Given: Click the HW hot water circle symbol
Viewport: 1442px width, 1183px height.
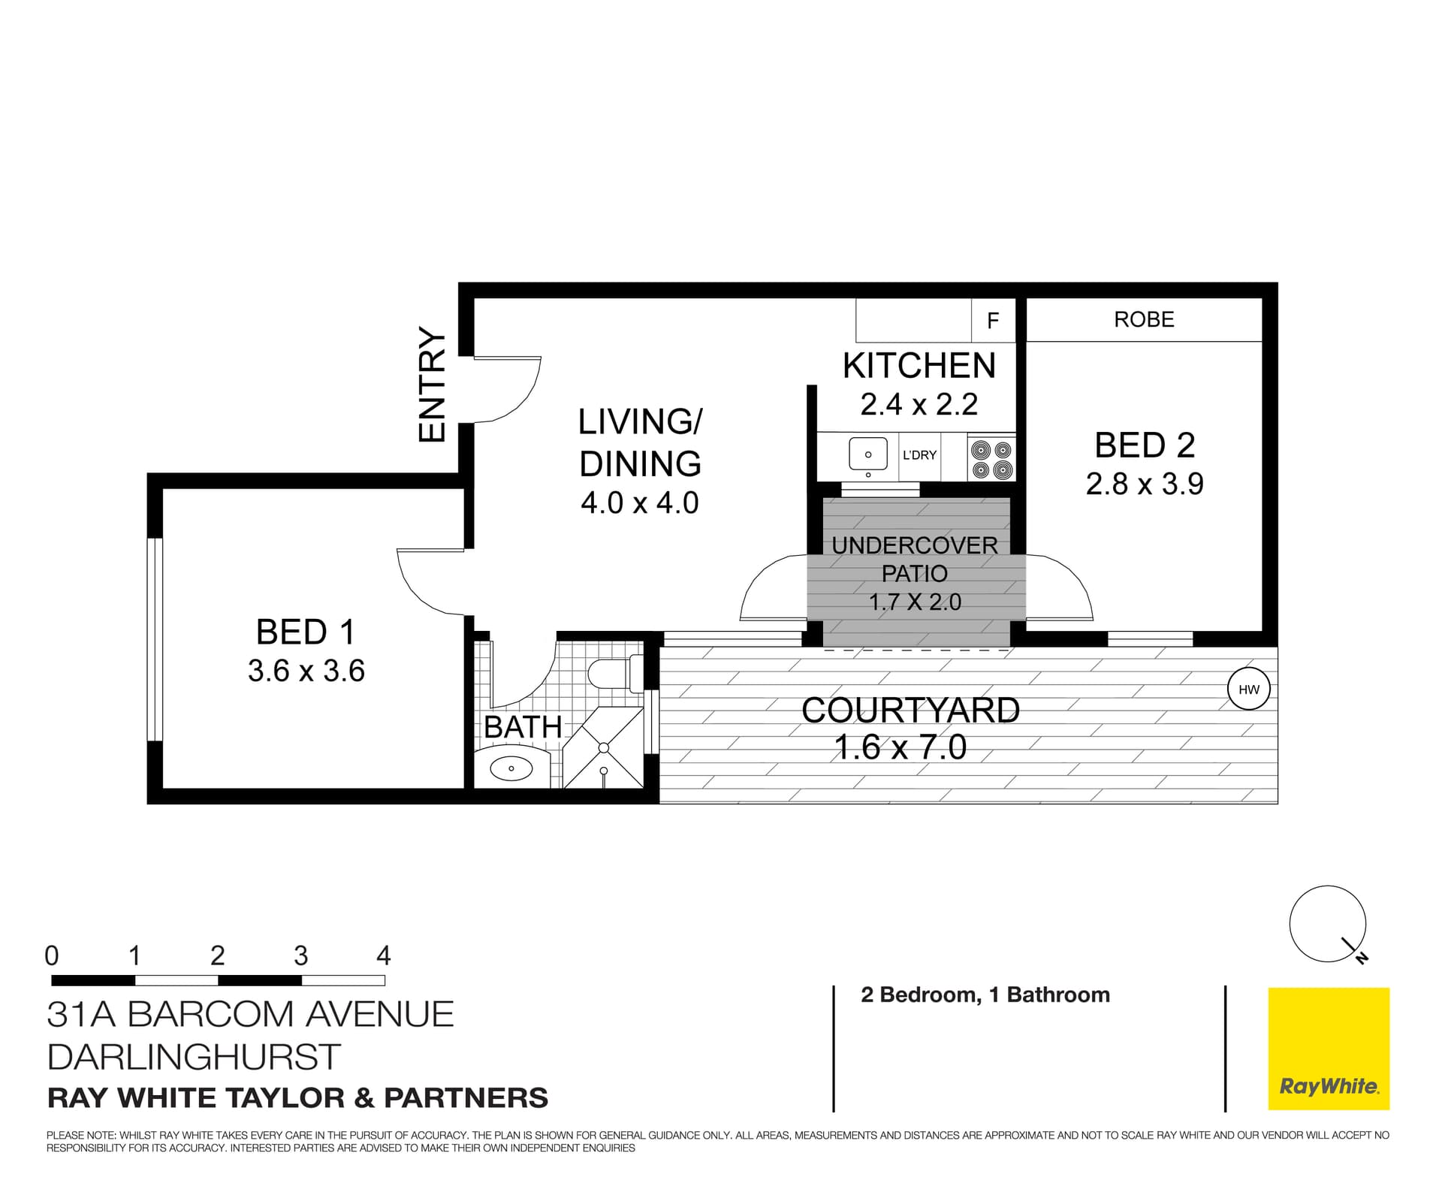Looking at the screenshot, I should click(1248, 689).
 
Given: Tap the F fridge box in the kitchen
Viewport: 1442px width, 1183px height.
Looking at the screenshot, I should click(993, 321).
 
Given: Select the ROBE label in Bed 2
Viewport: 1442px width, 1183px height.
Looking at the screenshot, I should click(1143, 319).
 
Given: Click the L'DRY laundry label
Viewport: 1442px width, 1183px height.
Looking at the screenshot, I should click(919, 455).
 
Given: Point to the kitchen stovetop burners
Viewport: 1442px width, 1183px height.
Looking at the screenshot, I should click(991, 460).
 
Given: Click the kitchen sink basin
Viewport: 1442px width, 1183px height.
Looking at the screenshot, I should click(867, 454).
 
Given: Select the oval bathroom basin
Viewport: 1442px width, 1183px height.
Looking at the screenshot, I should click(511, 768).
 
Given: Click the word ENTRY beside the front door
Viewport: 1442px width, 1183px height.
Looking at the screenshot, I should click(433, 385).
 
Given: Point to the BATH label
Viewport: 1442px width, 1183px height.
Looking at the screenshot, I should click(523, 727).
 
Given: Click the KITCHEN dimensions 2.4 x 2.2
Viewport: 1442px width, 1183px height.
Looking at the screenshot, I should click(919, 405).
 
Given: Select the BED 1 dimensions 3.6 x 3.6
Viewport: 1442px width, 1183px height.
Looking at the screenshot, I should click(306, 671).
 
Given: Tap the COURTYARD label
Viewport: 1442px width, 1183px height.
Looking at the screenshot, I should click(910, 711).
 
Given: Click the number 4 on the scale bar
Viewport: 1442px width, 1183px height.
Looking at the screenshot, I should click(384, 956).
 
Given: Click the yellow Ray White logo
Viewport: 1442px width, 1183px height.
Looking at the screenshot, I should click(1328, 1049).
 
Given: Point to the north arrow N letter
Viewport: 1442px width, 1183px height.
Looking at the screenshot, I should click(1362, 958).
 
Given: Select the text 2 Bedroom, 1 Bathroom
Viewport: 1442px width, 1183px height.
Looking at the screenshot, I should click(985, 994).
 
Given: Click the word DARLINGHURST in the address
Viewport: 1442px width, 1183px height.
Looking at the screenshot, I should click(194, 1057).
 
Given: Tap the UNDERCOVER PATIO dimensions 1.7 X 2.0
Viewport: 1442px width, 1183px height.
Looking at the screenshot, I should click(915, 602).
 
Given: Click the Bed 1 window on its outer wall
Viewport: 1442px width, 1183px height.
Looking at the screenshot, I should click(154, 639).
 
